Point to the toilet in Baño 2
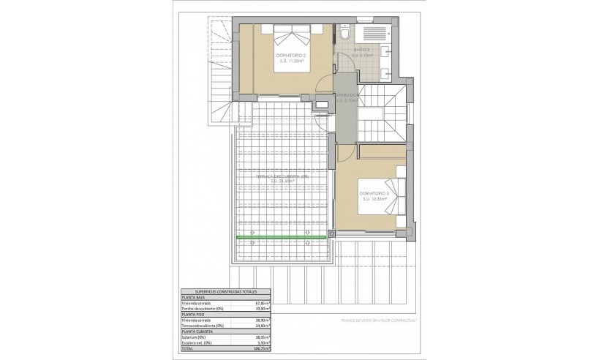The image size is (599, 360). (x=344, y=34)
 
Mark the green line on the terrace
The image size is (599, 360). (x=281, y=239)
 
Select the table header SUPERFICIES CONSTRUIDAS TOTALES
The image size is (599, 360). (x=215, y=292)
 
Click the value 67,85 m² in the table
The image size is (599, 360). (x=261, y=303)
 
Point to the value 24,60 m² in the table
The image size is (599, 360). (x=261, y=326)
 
